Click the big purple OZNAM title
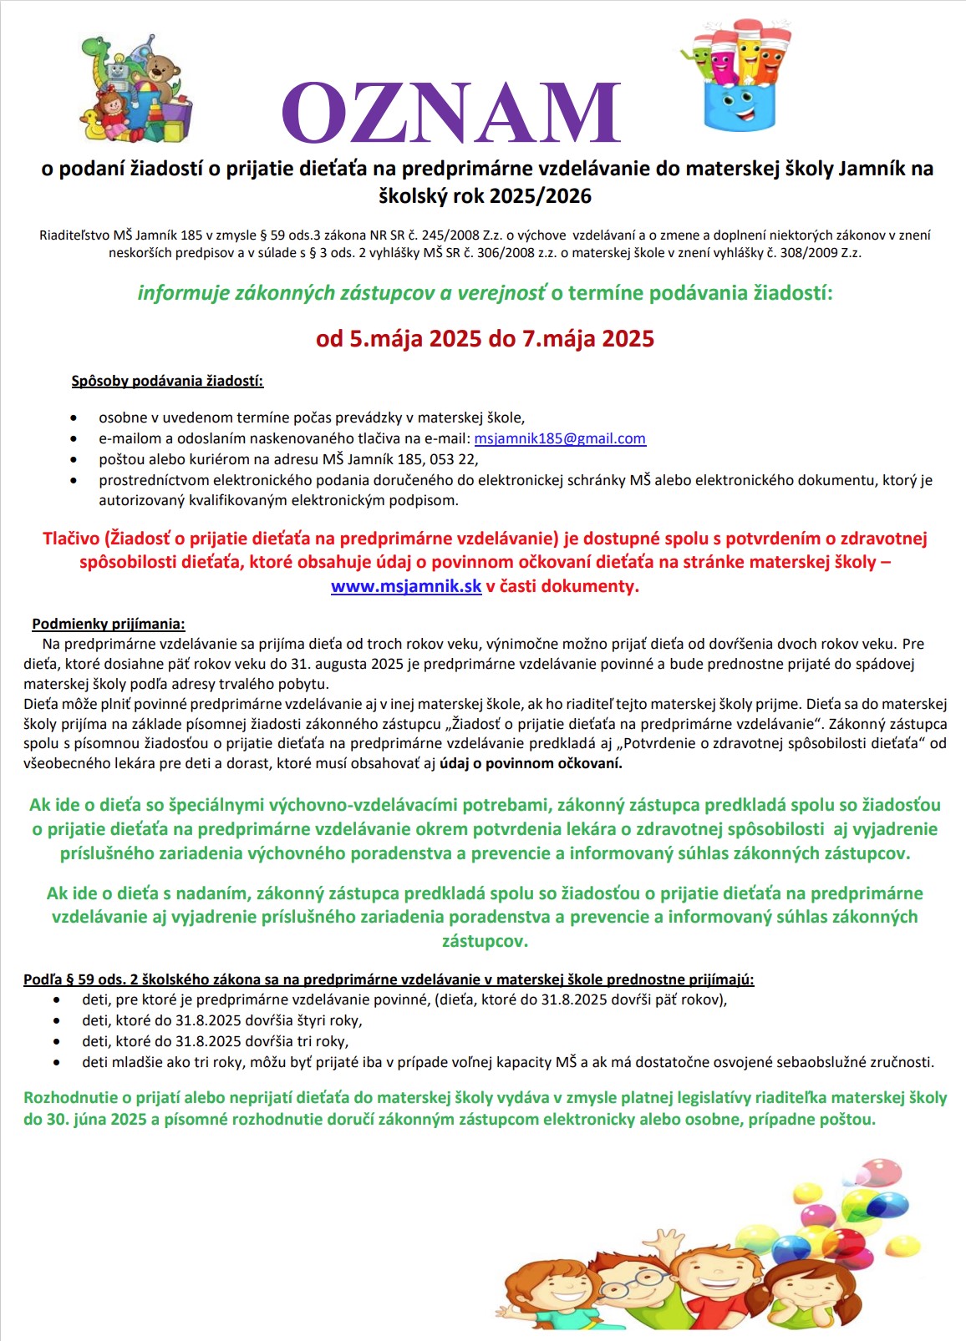tap(451, 114)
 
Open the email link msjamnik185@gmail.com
tap(560, 438)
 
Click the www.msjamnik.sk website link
tap(406, 586)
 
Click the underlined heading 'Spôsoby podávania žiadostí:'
tap(167, 382)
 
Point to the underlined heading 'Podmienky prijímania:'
tap(109, 624)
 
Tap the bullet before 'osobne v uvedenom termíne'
tap(76, 417)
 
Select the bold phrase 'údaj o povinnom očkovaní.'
tap(531, 763)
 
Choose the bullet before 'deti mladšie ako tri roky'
tap(57, 1063)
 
